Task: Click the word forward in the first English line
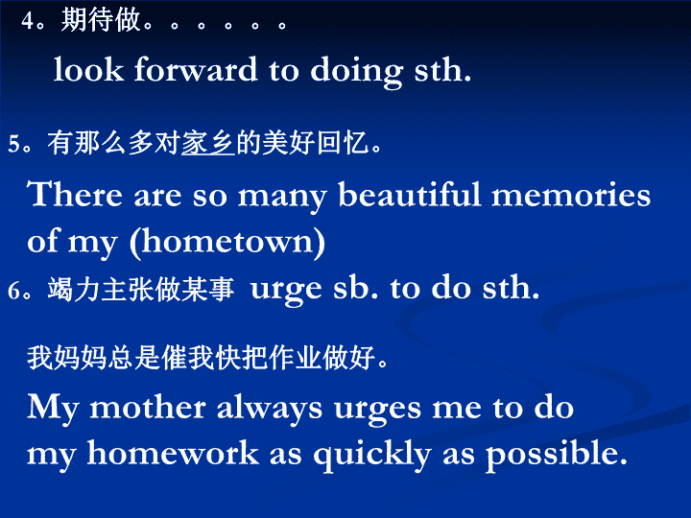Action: (x=196, y=69)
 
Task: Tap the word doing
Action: (x=356, y=72)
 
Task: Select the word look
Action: (x=88, y=69)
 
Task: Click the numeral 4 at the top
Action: (x=28, y=21)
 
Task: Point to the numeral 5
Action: (x=14, y=144)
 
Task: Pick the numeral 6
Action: (x=14, y=291)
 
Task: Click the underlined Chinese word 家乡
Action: (x=208, y=143)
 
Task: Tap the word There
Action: (x=75, y=194)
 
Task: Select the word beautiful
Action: (x=410, y=194)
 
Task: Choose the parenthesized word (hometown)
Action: (x=227, y=242)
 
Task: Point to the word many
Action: (x=282, y=198)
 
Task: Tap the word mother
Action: (x=148, y=408)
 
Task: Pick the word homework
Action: (x=173, y=453)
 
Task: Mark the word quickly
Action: (x=372, y=456)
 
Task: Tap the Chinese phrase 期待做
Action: (x=101, y=20)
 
